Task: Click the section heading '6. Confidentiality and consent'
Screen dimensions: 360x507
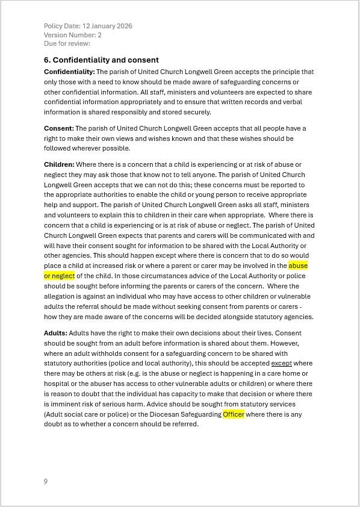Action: (x=101, y=60)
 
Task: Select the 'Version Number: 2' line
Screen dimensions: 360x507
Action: (x=73, y=35)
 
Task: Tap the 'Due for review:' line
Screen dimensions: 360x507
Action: (x=67, y=43)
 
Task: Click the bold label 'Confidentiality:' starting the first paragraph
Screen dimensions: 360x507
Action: (x=69, y=72)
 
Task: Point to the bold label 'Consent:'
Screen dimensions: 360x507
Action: (x=59, y=128)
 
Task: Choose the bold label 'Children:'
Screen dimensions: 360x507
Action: (x=59, y=164)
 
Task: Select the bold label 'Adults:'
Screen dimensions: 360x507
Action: (x=55, y=333)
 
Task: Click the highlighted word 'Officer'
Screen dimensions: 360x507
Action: (x=233, y=414)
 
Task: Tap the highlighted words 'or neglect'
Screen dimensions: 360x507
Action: (x=59, y=276)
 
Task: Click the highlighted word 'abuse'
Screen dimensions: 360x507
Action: (x=299, y=266)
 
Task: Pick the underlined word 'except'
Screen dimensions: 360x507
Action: (x=281, y=363)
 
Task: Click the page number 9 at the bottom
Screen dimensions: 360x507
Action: (x=46, y=481)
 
